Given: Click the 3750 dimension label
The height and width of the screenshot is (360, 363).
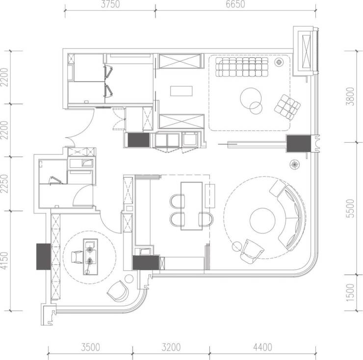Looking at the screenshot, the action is click(x=110, y=4).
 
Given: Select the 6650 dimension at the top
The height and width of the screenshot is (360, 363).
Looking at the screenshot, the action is click(x=235, y=4).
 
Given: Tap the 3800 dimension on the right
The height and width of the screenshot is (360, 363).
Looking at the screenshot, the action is click(x=351, y=96).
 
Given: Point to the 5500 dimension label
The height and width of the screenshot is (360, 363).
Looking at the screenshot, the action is click(x=351, y=208).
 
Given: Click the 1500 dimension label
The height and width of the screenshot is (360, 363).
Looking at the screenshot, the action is click(x=351, y=292).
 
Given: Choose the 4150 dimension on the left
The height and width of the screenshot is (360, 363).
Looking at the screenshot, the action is click(x=4, y=261).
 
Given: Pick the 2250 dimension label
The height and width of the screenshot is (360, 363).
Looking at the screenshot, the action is click(x=4, y=183).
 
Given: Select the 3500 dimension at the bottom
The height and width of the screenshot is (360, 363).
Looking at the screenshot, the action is click(x=91, y=347).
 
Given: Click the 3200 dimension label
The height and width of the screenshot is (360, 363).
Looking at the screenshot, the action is click(x=171, y=347).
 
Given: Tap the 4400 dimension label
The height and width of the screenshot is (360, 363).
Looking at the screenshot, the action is click(x=262, y=347).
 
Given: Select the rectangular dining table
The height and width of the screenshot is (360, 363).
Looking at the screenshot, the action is click(x=192, y=206).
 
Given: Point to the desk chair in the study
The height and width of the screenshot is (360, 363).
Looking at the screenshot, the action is click(x=77, y=257).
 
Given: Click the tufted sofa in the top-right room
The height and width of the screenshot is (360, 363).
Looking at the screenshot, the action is click(x=242, y=67).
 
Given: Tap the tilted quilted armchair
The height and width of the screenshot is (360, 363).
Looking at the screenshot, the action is click(x=287, y=107).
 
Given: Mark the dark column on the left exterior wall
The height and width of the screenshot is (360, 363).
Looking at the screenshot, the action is click(x=44, y=257).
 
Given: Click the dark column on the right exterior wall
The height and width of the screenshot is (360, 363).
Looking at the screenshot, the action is click(x=299, y=144).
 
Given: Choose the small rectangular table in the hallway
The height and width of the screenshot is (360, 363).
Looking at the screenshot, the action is click(x=181, y=91).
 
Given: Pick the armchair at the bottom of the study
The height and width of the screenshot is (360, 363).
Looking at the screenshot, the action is click(x=118, y=291).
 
